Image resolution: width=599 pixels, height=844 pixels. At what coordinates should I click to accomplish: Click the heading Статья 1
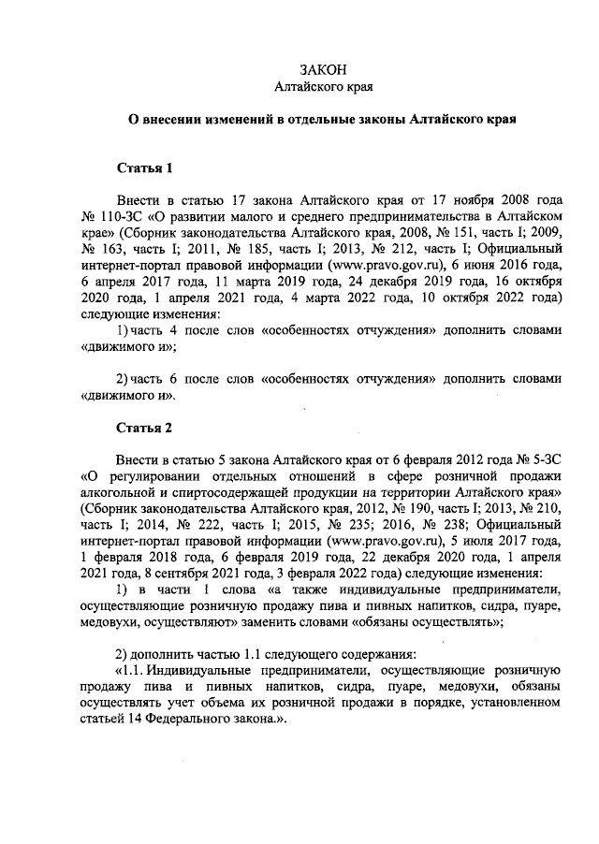[144, 168]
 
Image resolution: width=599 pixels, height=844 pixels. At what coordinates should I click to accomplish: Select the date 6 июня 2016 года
[507, 265]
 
